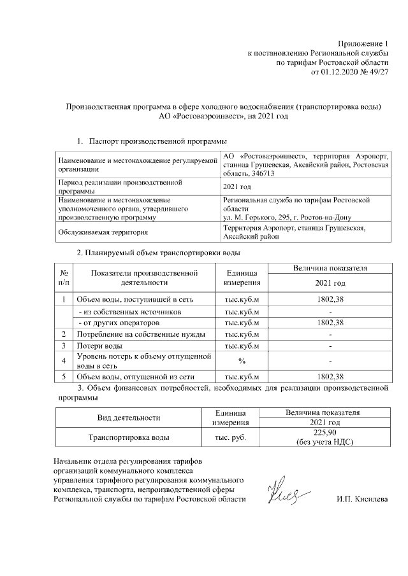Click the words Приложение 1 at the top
coord(363,43)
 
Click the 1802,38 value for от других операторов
coord(330,323)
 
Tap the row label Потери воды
coord(96,346)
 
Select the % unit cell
coord(242,361)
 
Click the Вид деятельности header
coord(128,418)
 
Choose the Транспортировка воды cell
coord(128,438)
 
